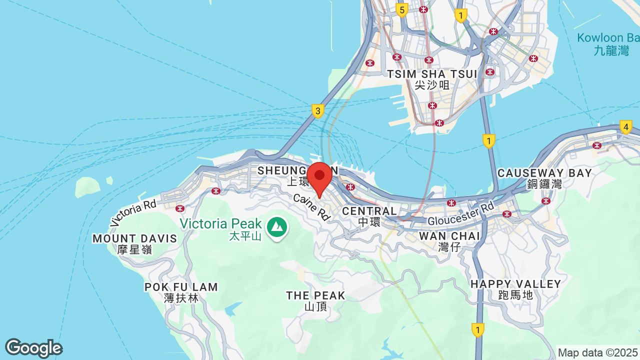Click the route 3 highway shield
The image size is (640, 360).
(x=317, y=110)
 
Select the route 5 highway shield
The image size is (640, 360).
(x=401, y=9)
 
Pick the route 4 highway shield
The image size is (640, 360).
(x=625, y=127)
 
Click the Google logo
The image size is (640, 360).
(x=33, y=348)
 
